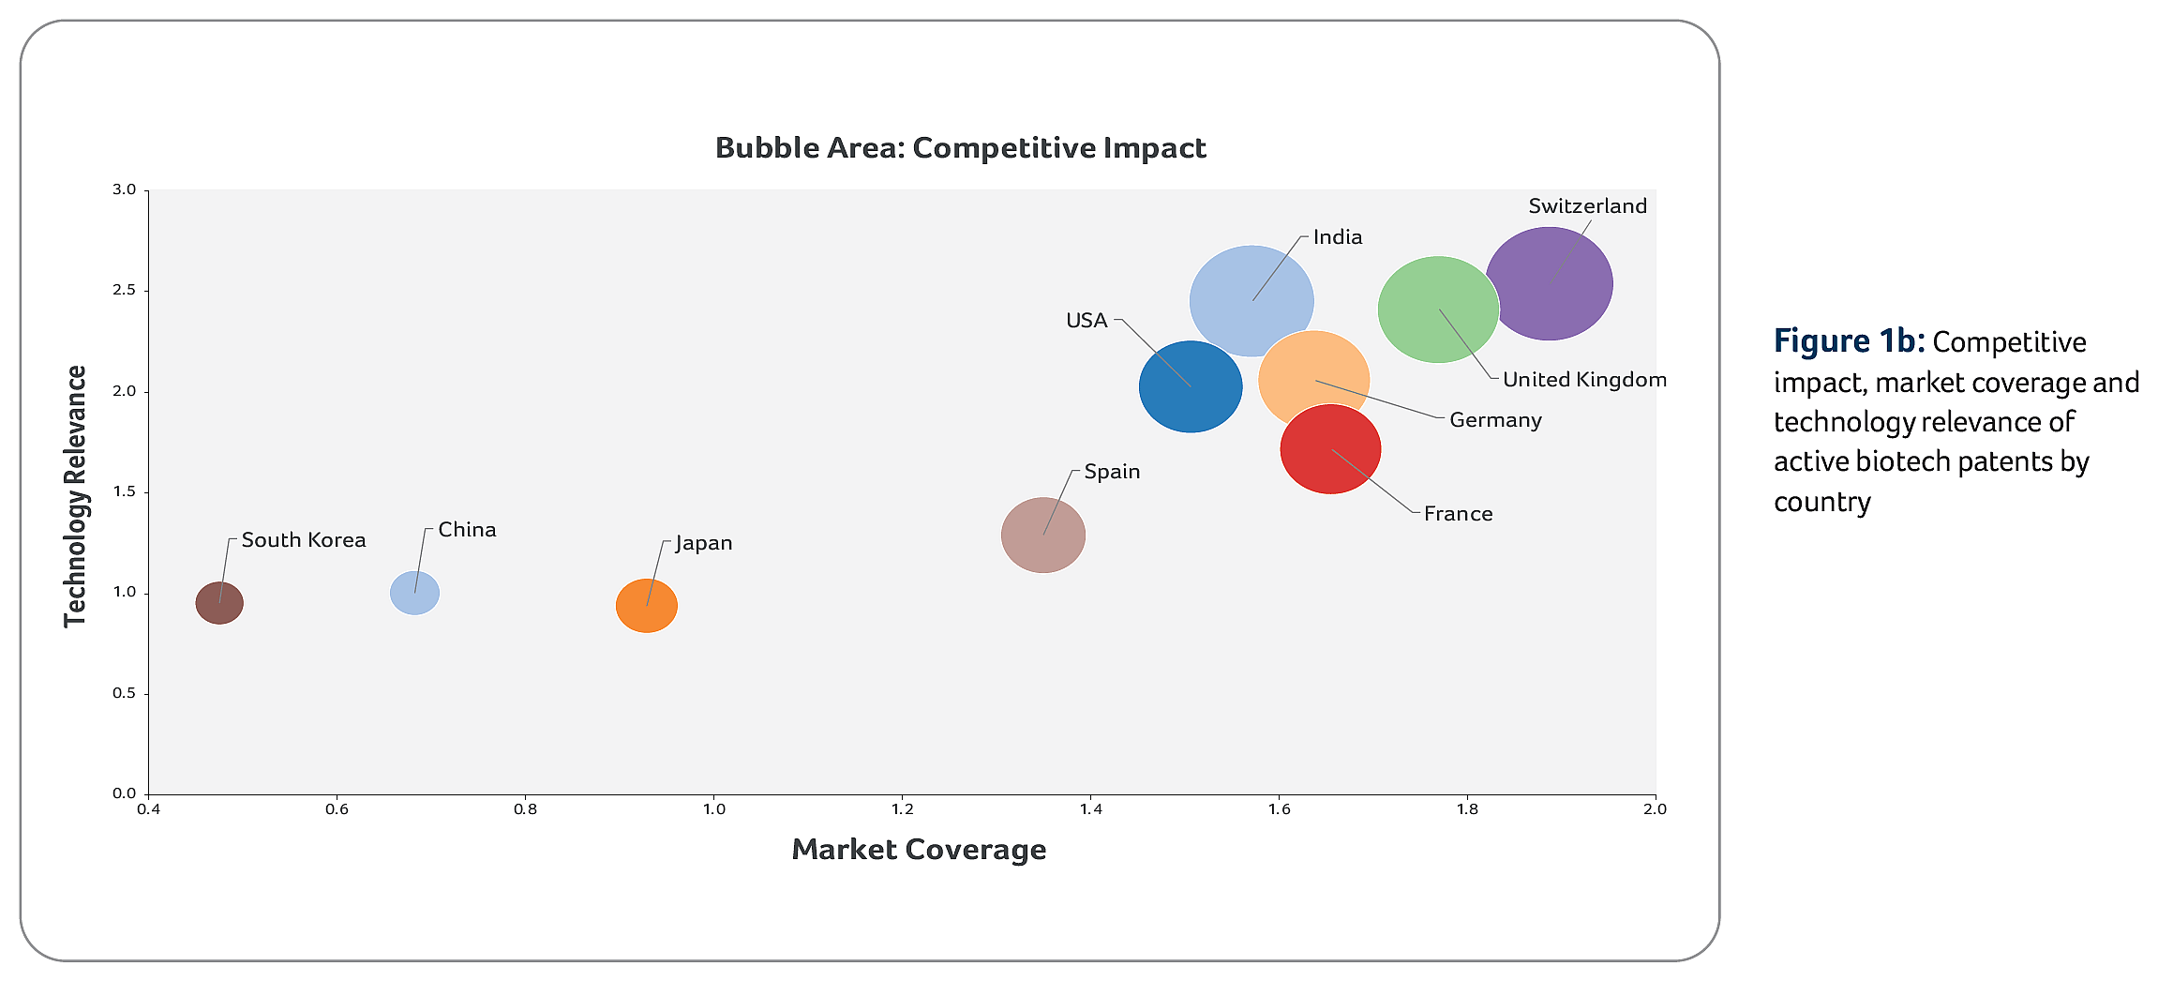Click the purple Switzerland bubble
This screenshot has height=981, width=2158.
[x=1556, y=281]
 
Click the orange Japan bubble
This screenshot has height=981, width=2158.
[x=647, y=606]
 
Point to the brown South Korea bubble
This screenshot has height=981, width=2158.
[x=219, y=603]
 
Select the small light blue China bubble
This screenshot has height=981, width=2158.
[x=414, y=593]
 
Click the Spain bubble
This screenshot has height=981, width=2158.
[x=1042, y=536]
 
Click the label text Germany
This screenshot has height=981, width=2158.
[x=1495, y=420]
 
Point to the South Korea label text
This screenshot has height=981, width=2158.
[x=304, y=540]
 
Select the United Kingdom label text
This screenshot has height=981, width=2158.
[x=1584, y=380]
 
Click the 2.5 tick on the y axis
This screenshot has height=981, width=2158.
[x=125, y=291]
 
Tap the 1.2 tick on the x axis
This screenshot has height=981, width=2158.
[x=902, y=809]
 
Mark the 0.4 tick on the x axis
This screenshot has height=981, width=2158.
[x=148, y=809]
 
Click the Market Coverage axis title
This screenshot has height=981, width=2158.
[x=919, y=850]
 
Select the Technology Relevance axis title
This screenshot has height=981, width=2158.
[x=75, y=496]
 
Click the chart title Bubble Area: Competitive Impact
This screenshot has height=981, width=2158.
[x=960, y=148]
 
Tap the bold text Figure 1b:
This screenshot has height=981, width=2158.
[x=1849, y=341]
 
